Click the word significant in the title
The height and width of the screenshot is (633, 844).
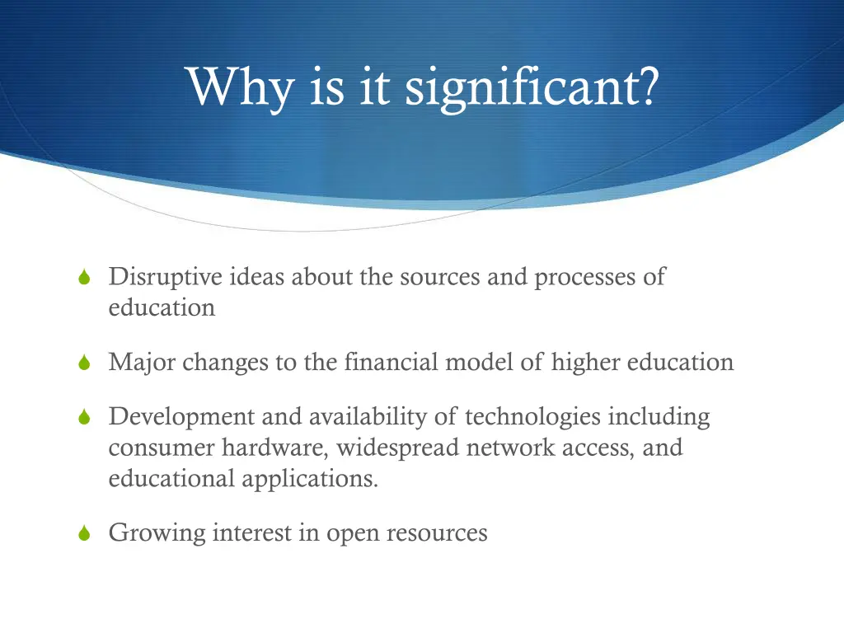pyautogui.click(x=532, y=87)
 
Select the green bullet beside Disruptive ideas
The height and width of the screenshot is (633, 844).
pyautogui.click(x=83, y=279)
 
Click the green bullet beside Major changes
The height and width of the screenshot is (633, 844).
pyautogui.click(x=83, y=363)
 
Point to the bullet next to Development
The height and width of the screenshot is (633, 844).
pyautogui.click(x=83, y=419)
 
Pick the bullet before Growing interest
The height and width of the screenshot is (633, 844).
pyautogui.click(x=83, y=534)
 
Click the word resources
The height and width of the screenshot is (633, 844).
pyautogui.click(x=438, y=533)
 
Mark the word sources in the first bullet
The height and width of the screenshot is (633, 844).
pyautogui.click(x=439, y=277)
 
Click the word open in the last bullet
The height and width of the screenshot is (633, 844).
pyautogui.click(x=352, y=533)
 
